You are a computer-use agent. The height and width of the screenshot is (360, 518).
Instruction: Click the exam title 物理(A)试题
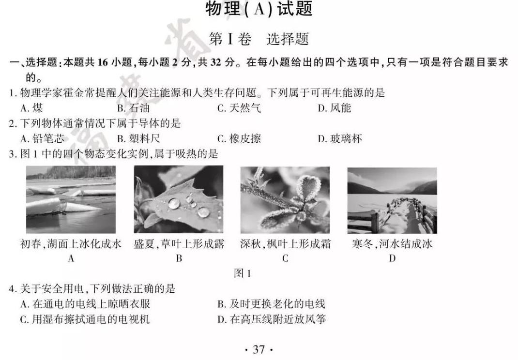(x=259, y=9)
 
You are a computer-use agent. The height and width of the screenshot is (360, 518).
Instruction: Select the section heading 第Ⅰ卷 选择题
(x=259, y=39)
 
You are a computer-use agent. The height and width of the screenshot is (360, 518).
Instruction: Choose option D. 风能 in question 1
(x=334, y=108)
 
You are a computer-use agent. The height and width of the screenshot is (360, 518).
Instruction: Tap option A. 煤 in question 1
(x=31, y=108)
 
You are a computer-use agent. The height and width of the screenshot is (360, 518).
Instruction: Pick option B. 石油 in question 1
(x=134, y=108)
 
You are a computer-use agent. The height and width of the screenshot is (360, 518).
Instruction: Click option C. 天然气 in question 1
(x=239, y=108)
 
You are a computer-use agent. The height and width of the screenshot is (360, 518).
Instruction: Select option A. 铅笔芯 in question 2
(x=42, y=139)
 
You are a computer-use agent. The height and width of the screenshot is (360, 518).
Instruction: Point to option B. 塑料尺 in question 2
(x=139, y=139)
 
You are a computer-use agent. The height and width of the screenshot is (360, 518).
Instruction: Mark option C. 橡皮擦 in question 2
(x=239, y=139)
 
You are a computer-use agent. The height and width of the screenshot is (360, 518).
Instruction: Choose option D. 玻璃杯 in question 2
(x=340, y=139)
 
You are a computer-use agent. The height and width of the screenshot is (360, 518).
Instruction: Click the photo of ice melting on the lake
(x=71, y=199)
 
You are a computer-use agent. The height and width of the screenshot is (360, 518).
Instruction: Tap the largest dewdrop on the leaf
(x=174, y=203)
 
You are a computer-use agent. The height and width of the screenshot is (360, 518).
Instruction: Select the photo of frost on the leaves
(x=285, y=199)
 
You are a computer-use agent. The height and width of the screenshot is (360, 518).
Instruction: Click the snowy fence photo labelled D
(x=392, y=200)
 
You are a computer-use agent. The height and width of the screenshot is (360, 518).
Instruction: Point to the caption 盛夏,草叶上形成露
(x=179, y=244)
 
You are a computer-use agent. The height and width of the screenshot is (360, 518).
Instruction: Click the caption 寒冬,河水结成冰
(x=392, y=244)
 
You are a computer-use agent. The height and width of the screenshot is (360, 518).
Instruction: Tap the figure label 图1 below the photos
(x=243, y=273)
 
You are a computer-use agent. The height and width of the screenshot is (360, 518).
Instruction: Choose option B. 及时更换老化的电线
(x=271, y=303)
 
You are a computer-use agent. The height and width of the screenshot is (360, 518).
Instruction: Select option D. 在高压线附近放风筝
(x=272, y=319)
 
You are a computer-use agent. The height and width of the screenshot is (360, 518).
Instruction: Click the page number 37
(x=259, y=349)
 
